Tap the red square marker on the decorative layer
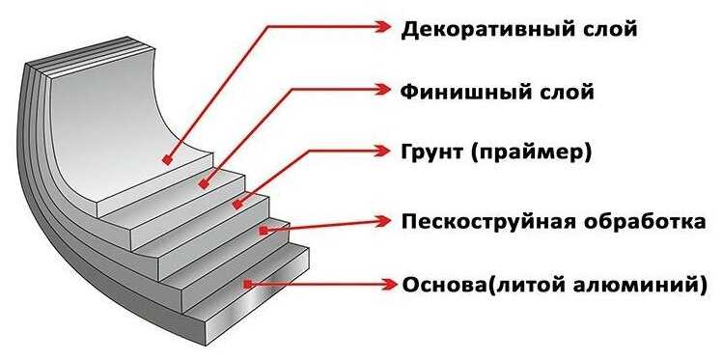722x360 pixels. [168, 160]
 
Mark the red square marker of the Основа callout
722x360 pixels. [248, 284]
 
